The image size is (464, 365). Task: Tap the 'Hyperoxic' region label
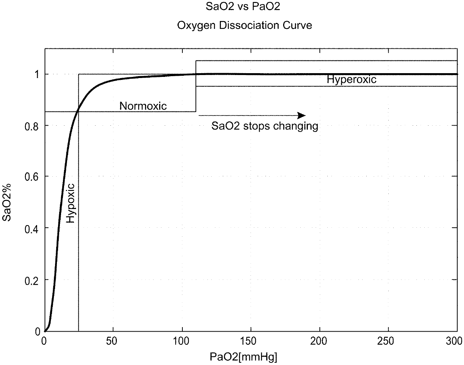[351, 80]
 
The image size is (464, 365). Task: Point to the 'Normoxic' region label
[143, 106]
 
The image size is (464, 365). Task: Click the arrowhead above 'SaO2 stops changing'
[301, 115]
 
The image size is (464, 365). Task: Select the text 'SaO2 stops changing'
[265, 126]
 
